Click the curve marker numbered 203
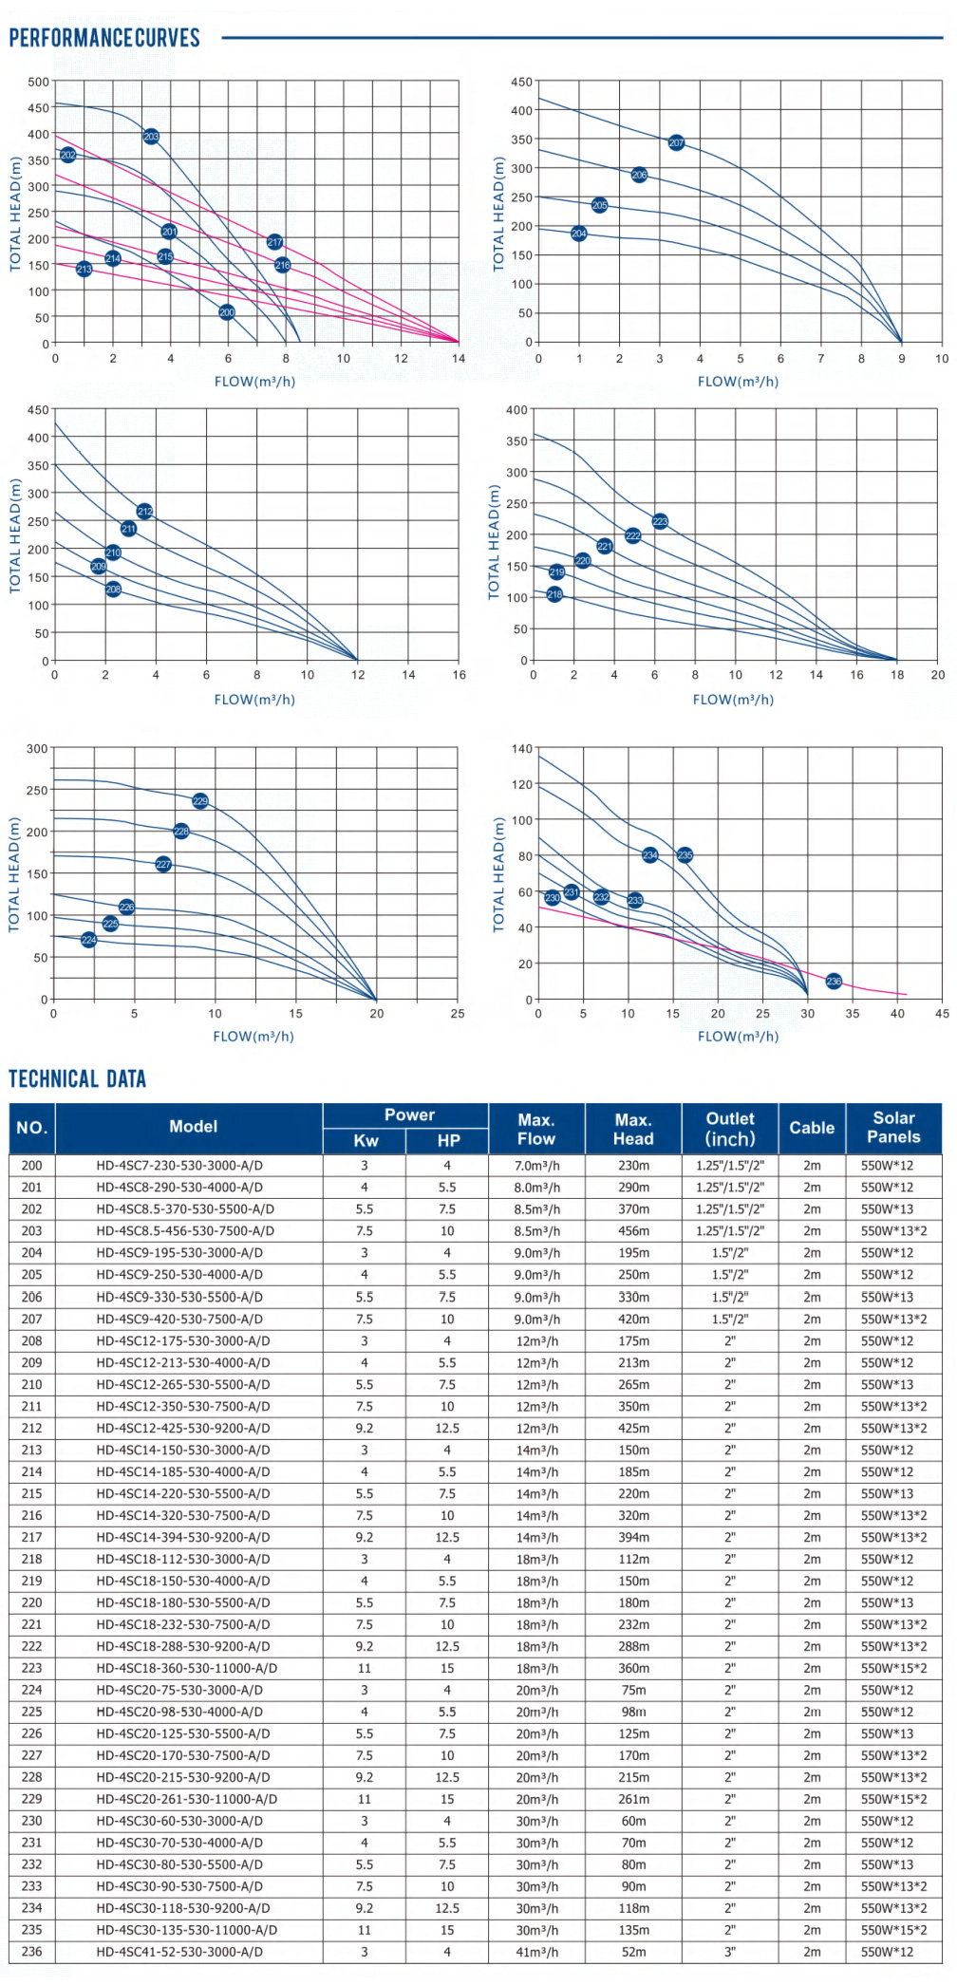click(151, 137)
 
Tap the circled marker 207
click(676, 142)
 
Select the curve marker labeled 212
click(144, 511)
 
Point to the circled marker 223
click(660, 521)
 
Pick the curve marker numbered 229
click(200, 801)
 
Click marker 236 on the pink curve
click(834, 981)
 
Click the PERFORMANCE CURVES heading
click(104, 38)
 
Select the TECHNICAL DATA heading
click(78, 1078)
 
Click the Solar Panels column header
click(893, 1127)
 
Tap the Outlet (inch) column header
click(729, 1128)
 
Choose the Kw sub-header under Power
click(366, 1140)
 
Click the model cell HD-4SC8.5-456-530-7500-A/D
click(185, 1230)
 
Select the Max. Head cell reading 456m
click(633, 1230)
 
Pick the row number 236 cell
click(32, 1952)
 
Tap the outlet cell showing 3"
click(729, 1952)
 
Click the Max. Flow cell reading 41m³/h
click(536, 1952)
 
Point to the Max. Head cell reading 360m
click(633, 1668)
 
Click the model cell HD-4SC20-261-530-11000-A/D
click(186, 1799)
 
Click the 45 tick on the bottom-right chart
click(942, 1013)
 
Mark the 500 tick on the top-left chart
click(38, 82)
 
